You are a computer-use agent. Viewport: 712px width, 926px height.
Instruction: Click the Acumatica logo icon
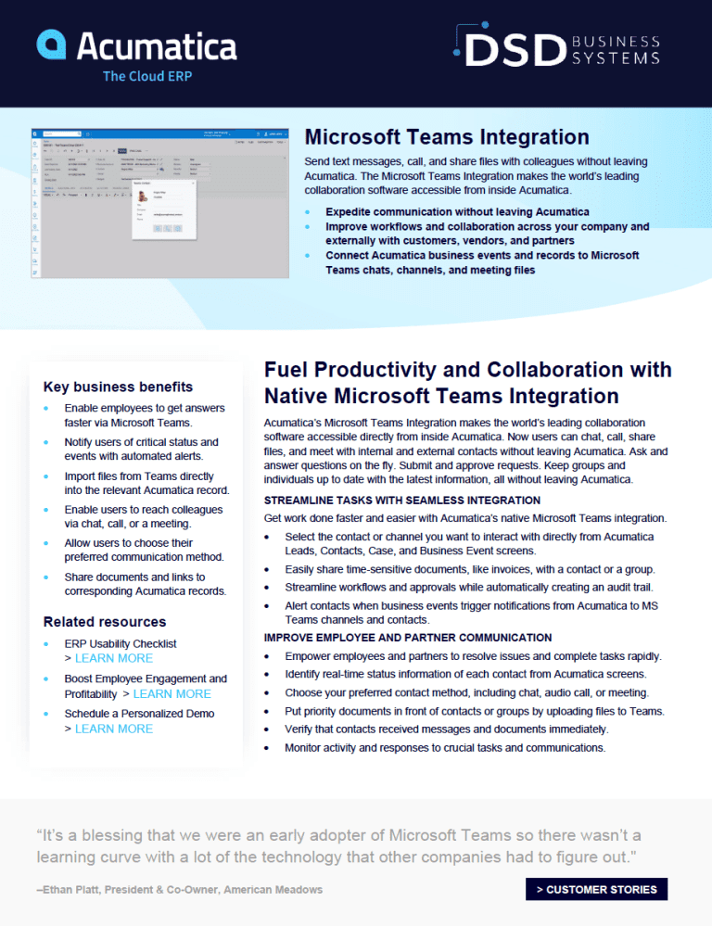point(51,44)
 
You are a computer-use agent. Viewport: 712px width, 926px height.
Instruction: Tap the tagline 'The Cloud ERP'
point(147,76)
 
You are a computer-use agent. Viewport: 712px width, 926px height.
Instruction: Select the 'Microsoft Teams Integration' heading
point(447,137)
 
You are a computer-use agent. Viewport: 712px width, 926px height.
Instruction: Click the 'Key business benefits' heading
point(118,387)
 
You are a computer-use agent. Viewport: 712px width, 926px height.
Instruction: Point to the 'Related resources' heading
point(105,621)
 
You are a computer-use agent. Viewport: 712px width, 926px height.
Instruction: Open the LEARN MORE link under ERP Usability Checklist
point(114,658)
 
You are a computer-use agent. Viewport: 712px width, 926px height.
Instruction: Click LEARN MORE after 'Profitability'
point(172,693)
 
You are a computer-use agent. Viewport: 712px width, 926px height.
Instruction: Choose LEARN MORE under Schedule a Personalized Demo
point(114,729)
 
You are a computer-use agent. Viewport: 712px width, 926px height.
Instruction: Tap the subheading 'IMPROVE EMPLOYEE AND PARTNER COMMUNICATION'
point(408,638)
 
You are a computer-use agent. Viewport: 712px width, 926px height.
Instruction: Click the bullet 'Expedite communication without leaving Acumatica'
point(457,212)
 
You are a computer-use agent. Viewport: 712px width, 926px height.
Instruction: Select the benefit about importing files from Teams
point(146,483)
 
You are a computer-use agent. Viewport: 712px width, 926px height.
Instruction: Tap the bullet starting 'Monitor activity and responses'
point(445,747)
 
